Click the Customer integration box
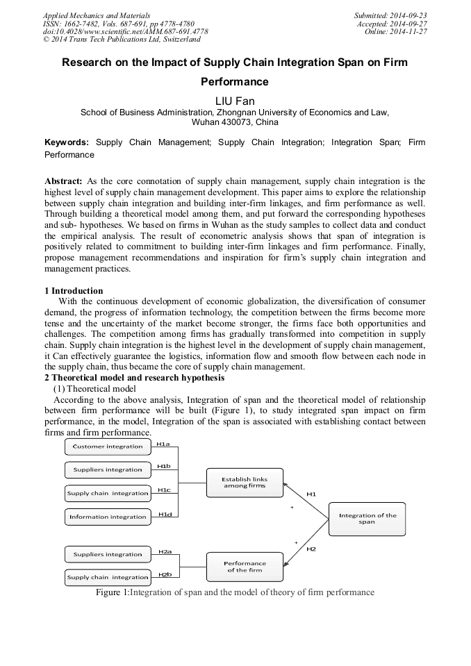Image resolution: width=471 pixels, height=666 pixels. point(108,447)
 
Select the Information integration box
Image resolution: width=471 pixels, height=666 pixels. point(108,517)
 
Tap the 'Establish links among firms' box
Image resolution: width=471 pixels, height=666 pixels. point(245,483)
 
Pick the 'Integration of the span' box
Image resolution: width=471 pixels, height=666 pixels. point(367,519)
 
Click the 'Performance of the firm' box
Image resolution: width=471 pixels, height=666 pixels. point(245,566)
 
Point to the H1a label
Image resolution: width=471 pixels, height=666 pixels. point(163,443)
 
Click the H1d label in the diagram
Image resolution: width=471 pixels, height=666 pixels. point(165,514)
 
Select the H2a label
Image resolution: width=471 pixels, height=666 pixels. point(165,551)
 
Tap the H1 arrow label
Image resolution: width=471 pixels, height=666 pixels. point(311,494)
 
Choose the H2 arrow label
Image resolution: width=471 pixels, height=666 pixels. point(311,549)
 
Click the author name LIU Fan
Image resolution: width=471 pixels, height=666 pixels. point(235,101)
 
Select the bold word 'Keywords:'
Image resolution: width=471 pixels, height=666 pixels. point(67,142)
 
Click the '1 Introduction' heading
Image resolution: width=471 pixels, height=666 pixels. point(74,291)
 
